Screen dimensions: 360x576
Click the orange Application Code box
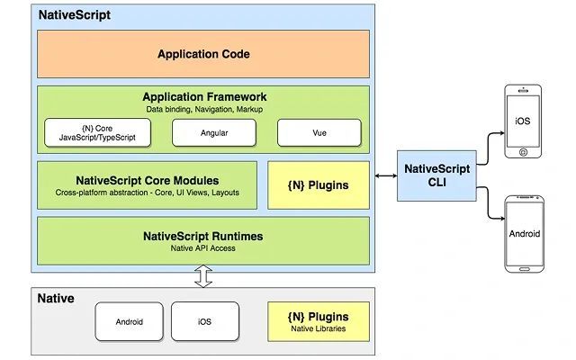202,54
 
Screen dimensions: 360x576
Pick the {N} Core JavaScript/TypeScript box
96,132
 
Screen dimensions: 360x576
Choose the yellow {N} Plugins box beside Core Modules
319,184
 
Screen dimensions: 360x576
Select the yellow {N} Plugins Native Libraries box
319,321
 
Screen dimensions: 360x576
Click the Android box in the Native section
129,321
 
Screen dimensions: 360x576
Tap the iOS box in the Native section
204,321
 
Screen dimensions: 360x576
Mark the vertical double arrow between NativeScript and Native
203,276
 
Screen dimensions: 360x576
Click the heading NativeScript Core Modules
147,180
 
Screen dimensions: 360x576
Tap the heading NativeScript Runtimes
202,236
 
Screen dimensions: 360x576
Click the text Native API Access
202,248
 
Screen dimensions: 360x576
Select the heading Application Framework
203,96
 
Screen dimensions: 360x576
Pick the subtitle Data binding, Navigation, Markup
203,109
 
